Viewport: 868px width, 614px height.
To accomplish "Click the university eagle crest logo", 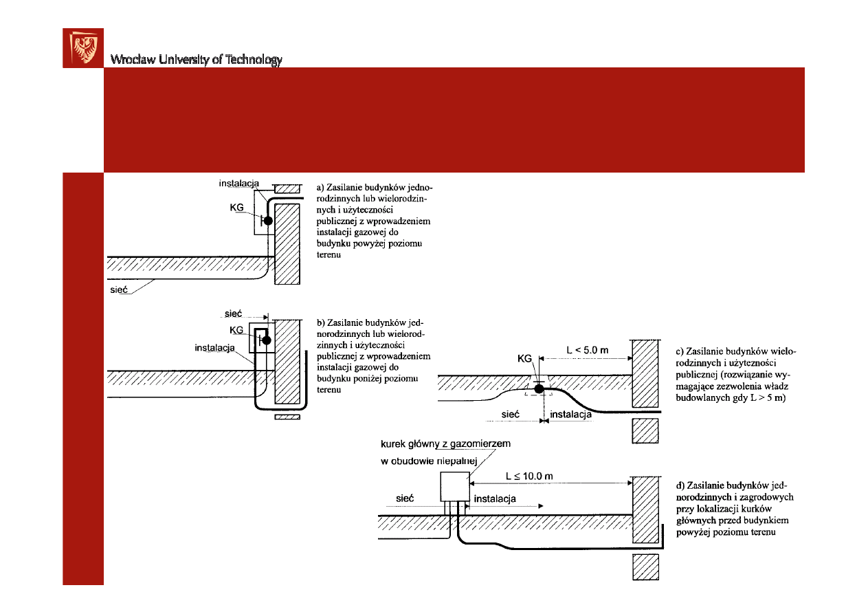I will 83,48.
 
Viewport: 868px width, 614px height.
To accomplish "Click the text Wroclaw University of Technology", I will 197,60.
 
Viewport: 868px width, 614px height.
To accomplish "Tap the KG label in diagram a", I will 236,206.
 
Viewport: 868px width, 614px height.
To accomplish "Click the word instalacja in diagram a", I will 238,184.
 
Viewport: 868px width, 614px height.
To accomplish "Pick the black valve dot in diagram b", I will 267,340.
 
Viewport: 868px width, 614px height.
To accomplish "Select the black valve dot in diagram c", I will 539,389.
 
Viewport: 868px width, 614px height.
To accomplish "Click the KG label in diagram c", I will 524,358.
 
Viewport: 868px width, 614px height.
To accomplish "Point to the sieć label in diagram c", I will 510,415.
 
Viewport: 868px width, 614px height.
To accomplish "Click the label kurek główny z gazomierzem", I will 445,444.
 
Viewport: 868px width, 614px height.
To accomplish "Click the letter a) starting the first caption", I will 320,186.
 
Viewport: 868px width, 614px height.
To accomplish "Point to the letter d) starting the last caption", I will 681,486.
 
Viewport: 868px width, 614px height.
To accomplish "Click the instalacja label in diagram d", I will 495,496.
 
